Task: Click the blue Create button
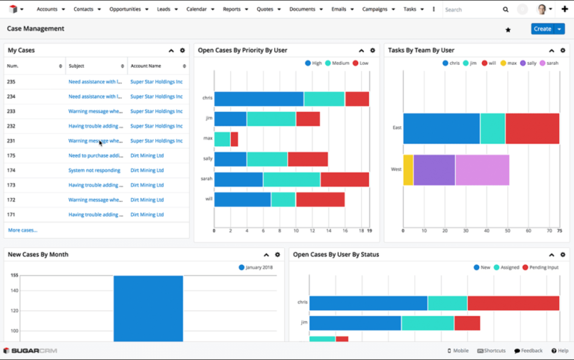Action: pyautogui.click(x=543, y=29)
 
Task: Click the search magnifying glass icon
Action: pyautogui.click(x=505, y=10)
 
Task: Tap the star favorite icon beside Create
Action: pyautogui.click(x=508, y=30)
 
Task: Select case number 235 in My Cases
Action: pyautogui.click(x=11, y=81)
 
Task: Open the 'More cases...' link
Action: pyautogui.click(x=22, y=230)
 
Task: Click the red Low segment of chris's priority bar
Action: pyautogui.click(x=357, y=99)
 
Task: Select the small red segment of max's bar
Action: pyautogui.click(x=234, y=139)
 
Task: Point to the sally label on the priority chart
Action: pyautogui.click(x=207, y=158)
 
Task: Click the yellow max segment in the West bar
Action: pyautogui.click(x=408, y=170)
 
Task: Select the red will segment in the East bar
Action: pyautogui.click(x=532, y=128)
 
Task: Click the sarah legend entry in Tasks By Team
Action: pyautogui.click(x=548, y=63)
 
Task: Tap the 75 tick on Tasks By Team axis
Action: pyautogui.click(x=559, y=231)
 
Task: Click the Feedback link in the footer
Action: pyautogui.click(x=528, y=350)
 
